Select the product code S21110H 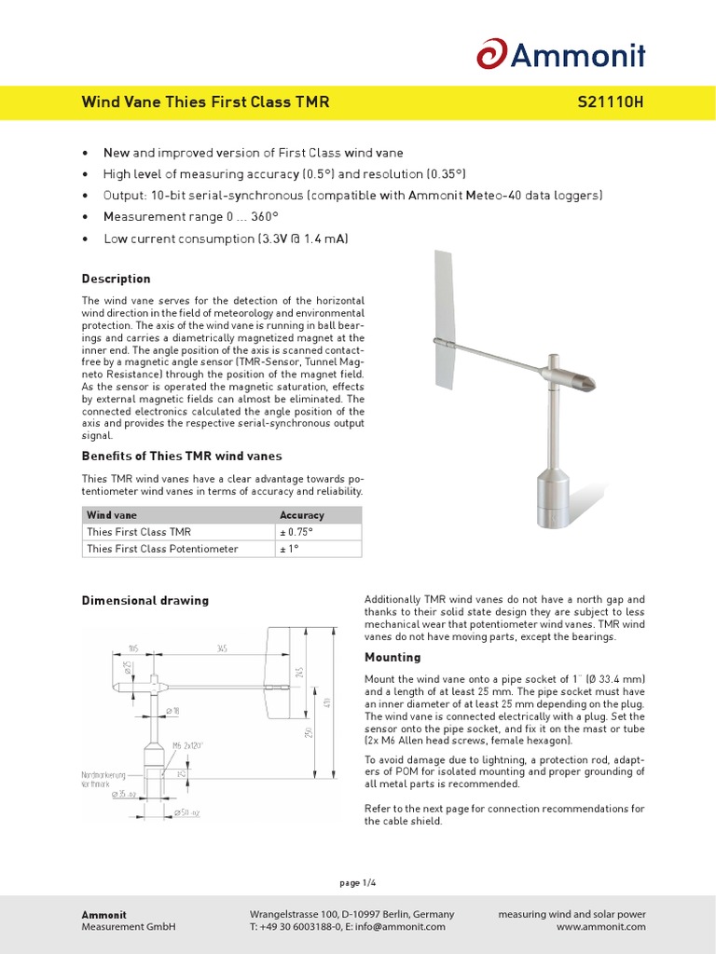click(611, 102)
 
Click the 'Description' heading click(116, 279)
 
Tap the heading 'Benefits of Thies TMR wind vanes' click(182, 457)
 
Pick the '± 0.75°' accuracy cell click(297, 532)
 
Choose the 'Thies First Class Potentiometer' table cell click(162, 549)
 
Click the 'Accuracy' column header click(302, 514)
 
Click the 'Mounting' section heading click(392, 657)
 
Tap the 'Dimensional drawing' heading click(145, 600)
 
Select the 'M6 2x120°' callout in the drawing click(188, 745)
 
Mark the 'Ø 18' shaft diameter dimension click(172, 711)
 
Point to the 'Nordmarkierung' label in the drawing click(104, 775)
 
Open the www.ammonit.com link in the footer click(600, 927)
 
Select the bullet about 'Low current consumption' click(226, 238)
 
